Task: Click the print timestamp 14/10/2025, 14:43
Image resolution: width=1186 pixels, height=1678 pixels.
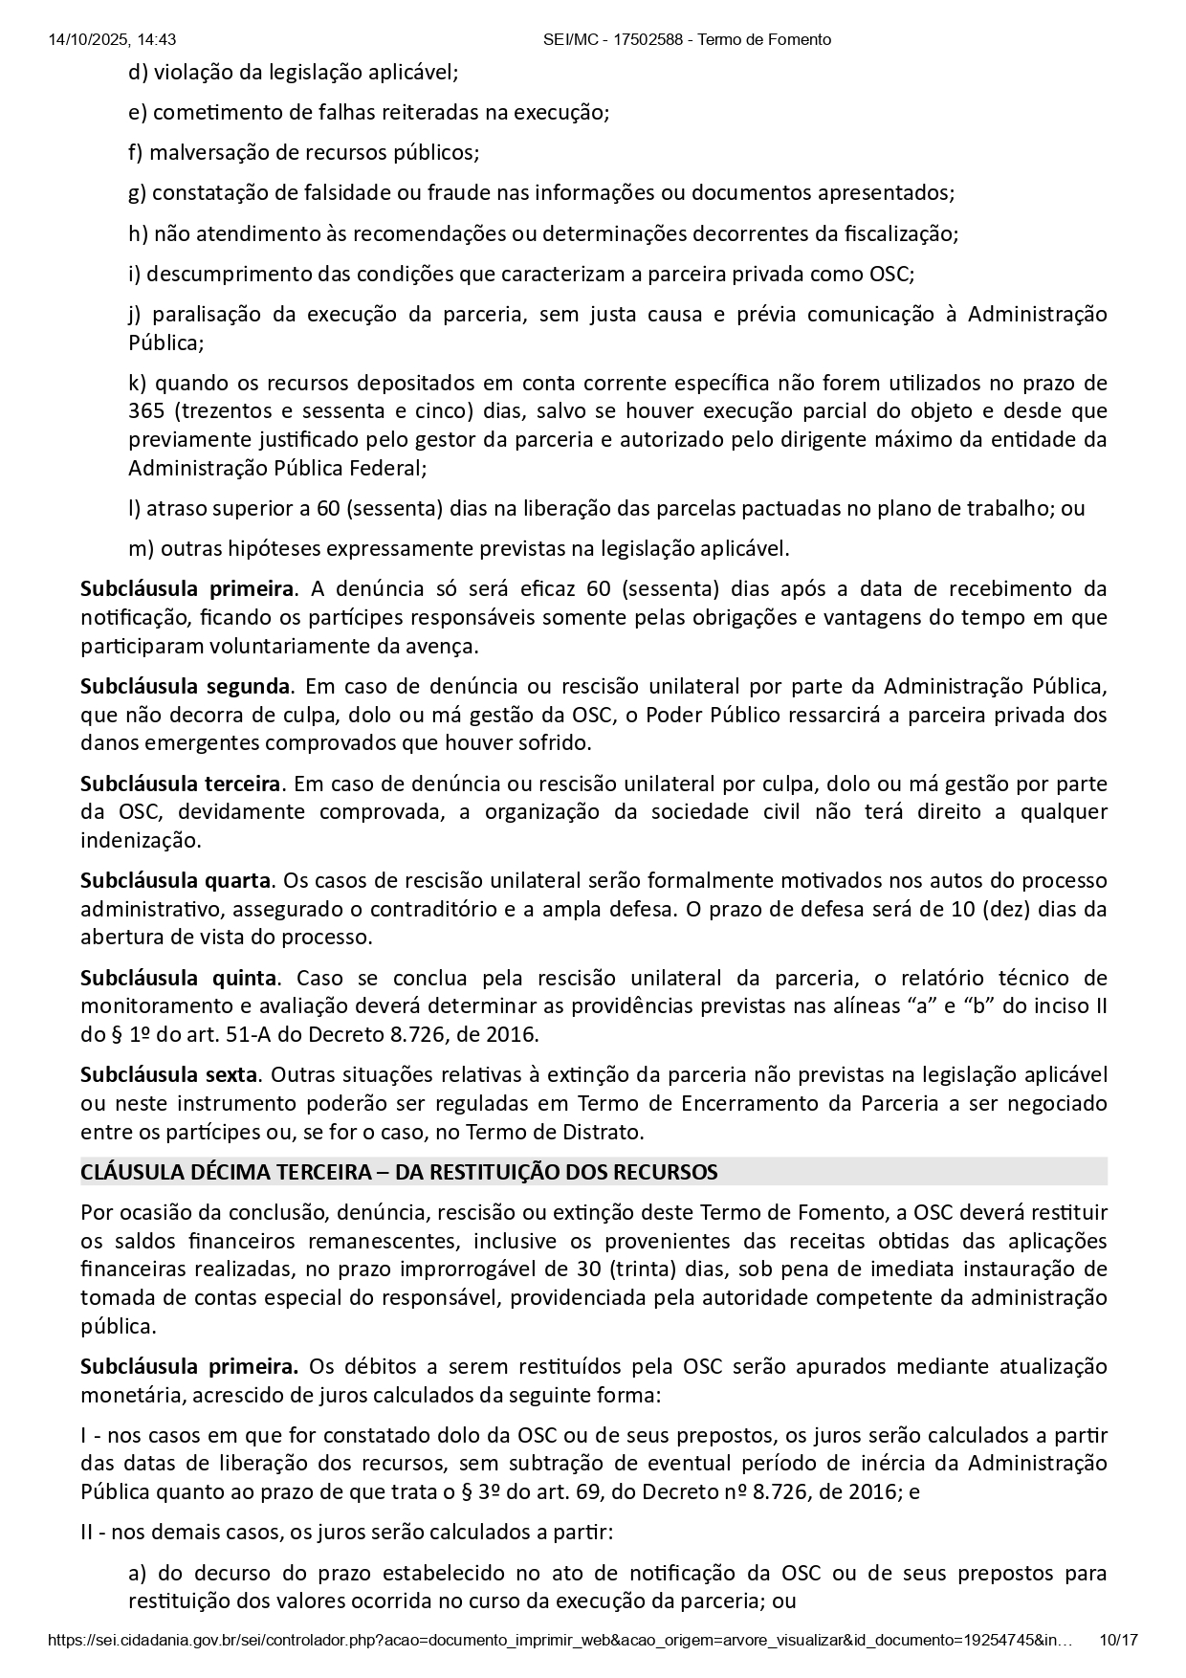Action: (x=112, y=39)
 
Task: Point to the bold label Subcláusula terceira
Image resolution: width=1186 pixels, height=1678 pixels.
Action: (x=181, y=784)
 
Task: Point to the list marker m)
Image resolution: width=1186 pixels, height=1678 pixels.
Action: (x=140, y=548)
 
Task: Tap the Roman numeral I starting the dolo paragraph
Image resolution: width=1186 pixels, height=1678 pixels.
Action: (x=83, y=1435)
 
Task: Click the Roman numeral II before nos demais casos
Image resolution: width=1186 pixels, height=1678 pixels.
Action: (x=87, y=1533)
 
